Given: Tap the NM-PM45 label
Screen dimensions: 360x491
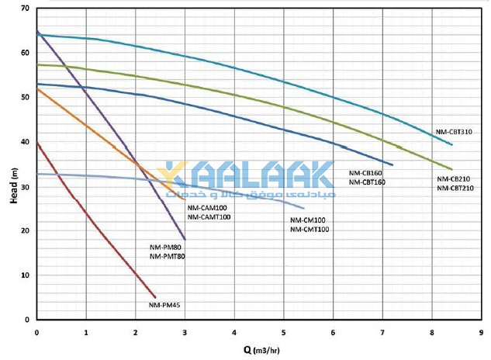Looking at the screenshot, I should [164, 304].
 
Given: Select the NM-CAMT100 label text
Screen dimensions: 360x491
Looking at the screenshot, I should [209, 216].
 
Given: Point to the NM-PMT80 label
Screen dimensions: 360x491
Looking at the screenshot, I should [167, 255].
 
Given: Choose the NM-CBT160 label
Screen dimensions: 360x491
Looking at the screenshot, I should [367, 182].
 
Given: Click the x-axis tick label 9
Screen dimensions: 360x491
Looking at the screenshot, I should [481, 331].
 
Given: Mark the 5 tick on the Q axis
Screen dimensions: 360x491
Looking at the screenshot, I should [284, 331].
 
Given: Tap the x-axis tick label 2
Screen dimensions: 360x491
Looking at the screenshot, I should [136, 331].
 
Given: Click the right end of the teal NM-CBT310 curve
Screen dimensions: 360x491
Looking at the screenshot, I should [451, 145].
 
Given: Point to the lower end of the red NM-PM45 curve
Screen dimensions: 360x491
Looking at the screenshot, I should [155, 297].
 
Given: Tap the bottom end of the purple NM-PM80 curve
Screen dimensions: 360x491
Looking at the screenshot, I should [185, 239].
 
